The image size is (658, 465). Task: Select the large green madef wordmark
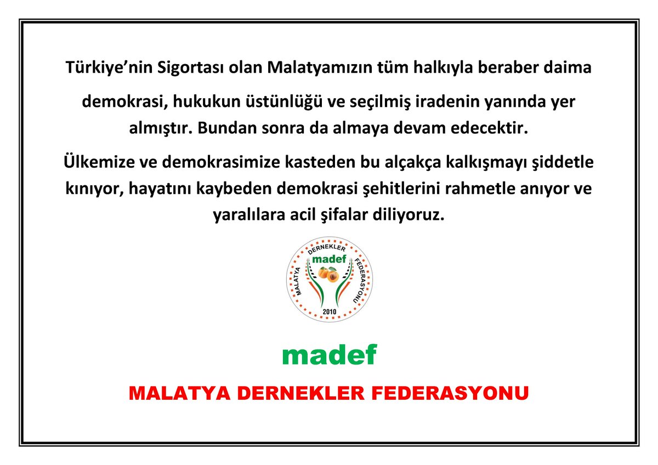[329, 355]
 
